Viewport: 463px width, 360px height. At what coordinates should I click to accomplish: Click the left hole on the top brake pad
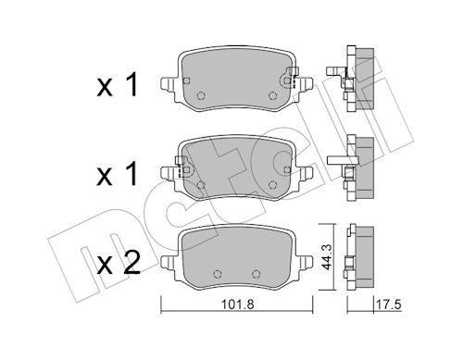204,95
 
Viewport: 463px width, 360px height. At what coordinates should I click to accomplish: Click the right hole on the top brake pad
272,95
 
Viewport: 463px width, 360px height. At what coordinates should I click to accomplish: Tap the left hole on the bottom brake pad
216,272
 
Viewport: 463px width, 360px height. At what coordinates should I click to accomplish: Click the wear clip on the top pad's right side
294,78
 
